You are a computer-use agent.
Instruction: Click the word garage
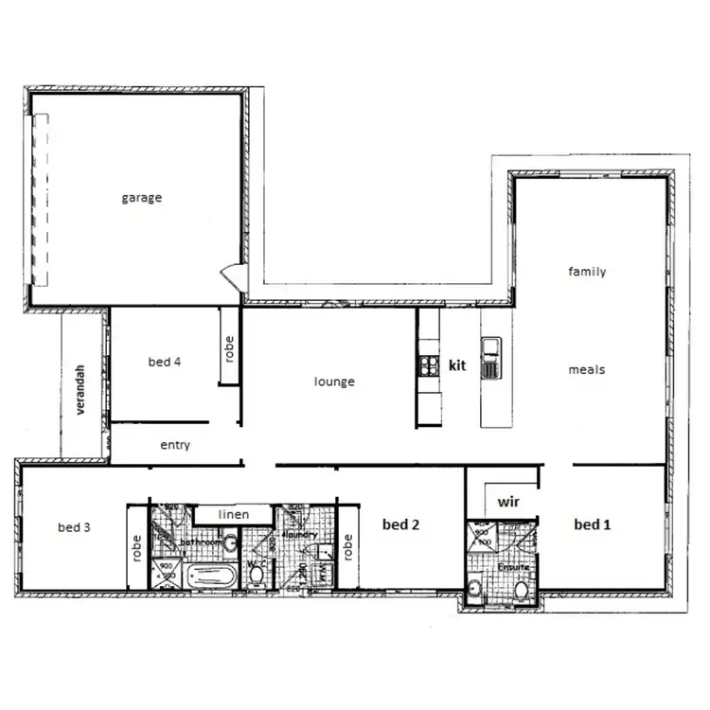[141, 198]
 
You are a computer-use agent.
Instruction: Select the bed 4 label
[165, 362]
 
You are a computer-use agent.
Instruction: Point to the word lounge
[334, 382]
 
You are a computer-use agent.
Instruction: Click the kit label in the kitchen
[458, 364]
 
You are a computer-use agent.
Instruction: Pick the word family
[587, 272]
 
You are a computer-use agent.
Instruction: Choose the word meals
[587, 369]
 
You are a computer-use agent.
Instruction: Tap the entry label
[175, 445]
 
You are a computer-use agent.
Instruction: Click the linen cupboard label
[234, 514]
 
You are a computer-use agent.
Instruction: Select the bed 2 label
[401, 524]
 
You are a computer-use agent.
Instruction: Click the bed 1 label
[593, 524]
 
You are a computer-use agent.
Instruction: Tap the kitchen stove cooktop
[428, 364]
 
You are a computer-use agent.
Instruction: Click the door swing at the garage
[230, 276]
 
